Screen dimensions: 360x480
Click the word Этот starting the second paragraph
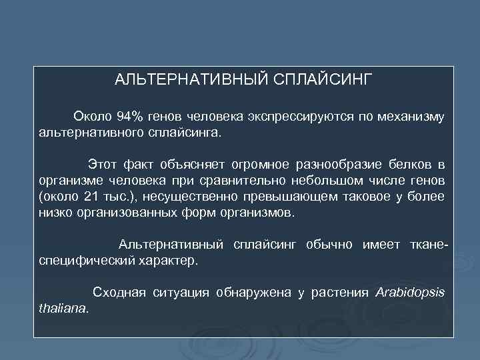[x=103, y=165]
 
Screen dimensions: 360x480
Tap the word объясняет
[x=195, y=165]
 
